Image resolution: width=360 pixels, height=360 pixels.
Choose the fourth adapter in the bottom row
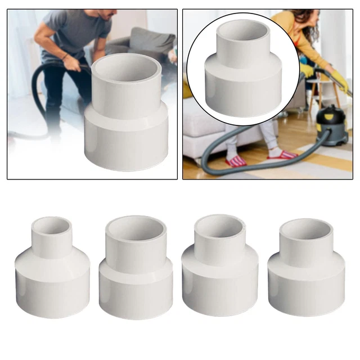point(306,267)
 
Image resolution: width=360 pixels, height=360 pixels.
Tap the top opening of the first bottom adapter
point(51,225)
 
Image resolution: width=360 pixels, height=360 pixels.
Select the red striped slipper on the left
point(236,161)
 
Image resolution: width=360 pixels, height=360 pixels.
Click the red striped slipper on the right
point(282,154)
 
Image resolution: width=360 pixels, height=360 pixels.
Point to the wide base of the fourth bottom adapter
point(306,287)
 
